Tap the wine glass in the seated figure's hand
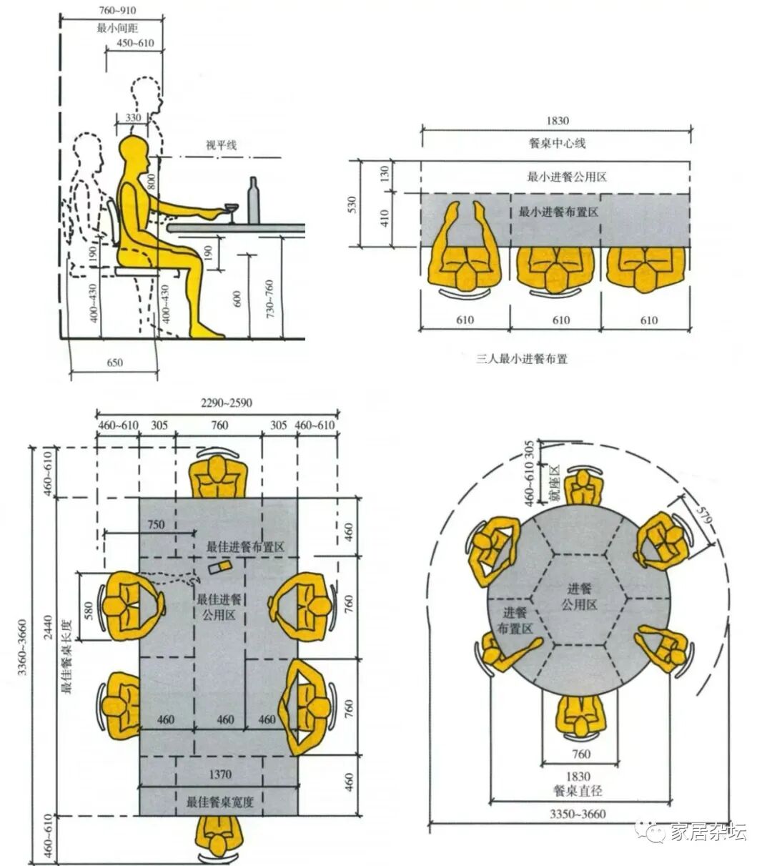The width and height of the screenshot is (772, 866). (231, 212)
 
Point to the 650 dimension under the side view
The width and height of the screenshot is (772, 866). (114, 363)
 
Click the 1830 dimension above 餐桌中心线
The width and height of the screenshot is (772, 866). (556, 121)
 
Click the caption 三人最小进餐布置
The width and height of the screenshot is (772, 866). (522, 359)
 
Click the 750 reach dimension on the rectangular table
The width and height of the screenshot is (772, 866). (156, 524)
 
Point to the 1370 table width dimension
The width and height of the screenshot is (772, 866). (220, 774)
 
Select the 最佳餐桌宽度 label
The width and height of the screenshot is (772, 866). (220, 802)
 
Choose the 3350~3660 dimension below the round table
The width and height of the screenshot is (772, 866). (578, 814)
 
